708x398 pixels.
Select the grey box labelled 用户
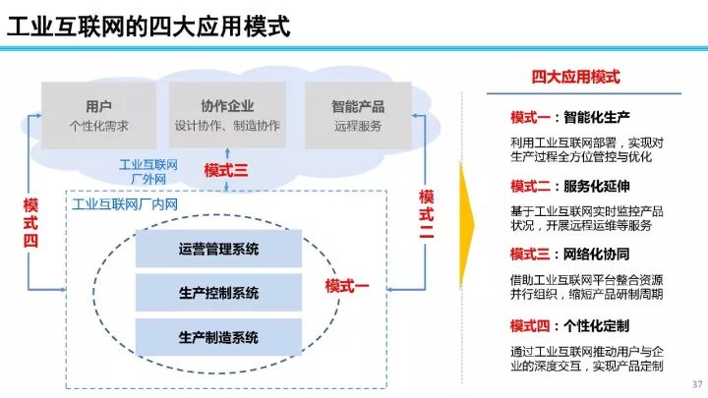pos(98,115)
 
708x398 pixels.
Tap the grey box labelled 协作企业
pos(227,115)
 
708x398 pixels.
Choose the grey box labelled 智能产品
pos(358,115)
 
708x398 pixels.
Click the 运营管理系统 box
pos(218,249)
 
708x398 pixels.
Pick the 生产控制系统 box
pos(218,293)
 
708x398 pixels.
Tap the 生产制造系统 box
pos(218,337)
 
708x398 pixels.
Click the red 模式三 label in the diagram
pos(226,171)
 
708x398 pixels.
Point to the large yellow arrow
pos(468,225)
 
